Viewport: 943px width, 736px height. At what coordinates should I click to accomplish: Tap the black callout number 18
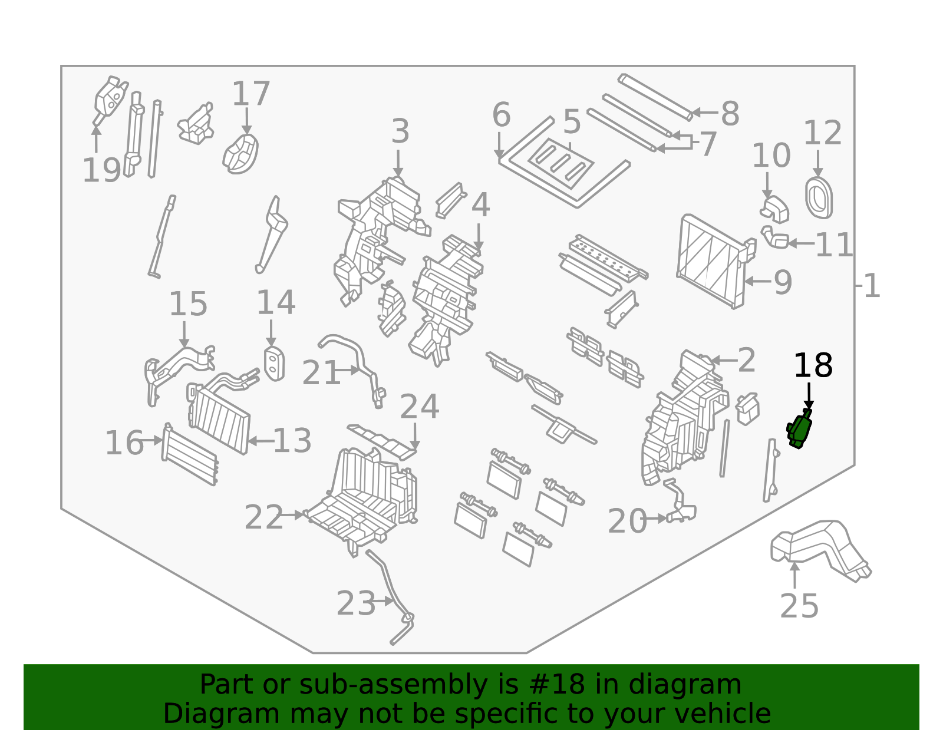(813, 366)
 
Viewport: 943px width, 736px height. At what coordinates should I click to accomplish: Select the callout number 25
(799, 606)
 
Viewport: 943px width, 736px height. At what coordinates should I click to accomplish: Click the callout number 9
(783, 283)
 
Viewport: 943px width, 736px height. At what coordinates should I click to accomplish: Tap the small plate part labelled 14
(274, 364)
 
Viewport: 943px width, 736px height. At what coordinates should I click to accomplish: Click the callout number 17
(250, 94)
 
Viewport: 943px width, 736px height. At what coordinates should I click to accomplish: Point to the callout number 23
(355, 603)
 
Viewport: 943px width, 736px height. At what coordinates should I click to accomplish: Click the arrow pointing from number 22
(292, 514)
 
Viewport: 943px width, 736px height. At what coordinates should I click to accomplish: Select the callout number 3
(400, 131)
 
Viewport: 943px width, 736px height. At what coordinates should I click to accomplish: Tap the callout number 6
(501, 115)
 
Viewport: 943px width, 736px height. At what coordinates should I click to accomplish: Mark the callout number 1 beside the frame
(872, 286)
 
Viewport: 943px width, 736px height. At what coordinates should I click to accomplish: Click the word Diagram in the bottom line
(196, 714)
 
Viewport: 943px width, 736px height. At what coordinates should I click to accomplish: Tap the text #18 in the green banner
(552, 685)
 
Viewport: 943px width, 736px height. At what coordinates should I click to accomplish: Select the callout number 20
(627, 522)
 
